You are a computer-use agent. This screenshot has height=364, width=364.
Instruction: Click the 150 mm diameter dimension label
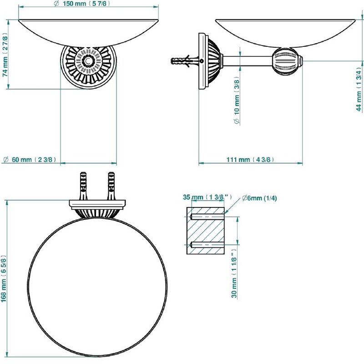click(x=82, y=4)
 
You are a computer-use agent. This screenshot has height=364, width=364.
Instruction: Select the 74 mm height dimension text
click(x=5, y=55)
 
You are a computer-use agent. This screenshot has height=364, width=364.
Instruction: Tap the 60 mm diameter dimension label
click(x=30, y=160)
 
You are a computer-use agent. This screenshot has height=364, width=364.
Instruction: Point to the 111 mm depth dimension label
click(x=250, y=160)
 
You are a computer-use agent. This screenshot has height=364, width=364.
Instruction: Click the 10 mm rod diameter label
click(x=237, y=100)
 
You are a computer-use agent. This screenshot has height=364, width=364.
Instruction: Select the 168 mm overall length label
click(x=5, y=278)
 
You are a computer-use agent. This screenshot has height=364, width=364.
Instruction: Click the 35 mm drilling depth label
click(x=207, y=197)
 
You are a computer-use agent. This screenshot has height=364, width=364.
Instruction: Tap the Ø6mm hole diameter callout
click(x=259, y=198)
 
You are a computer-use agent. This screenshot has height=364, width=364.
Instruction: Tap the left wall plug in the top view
click(x=84, y=186)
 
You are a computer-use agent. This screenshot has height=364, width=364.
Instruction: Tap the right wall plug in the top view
click(x=111, y=186)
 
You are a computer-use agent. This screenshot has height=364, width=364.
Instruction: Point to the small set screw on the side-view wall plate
click(x=202, y=61)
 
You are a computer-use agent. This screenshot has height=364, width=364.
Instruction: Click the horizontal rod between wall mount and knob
click(x=248, y=61)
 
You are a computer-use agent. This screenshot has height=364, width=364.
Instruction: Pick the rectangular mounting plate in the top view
click(x=97, y=203)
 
